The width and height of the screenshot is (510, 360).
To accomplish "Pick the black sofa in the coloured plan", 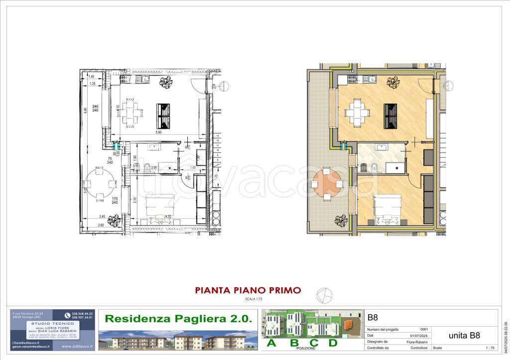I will [x=390, y=116].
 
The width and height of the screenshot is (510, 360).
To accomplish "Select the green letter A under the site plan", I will [x=271, y=343].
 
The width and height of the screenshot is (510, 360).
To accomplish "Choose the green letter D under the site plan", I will [x=333, y=343].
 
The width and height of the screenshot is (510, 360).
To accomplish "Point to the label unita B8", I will [x=464, y=335].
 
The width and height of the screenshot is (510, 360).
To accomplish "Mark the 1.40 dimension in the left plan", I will [x=91, y=77].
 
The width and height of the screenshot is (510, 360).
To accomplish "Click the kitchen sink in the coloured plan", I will [x=372, y=79].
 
